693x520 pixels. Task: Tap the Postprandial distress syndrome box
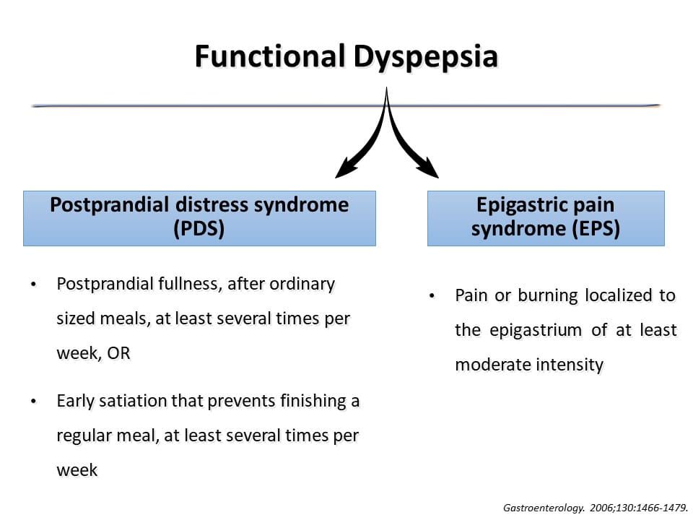pyautogui.click(x=199, y=218)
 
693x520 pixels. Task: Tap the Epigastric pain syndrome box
pyautogui.click(x=546, y=218)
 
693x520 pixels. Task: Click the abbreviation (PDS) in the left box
pyautogui.click(x=199, y=230)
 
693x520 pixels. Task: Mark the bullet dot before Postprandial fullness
pyautogui.click(x=33, y=285)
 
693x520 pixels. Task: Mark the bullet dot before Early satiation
pyautogui.click(x=33, y=402)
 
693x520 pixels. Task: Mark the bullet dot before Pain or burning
pyautogui.click(x=432, y=295)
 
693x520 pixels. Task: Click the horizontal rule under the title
pyautogui.click(x=217, y=105)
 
